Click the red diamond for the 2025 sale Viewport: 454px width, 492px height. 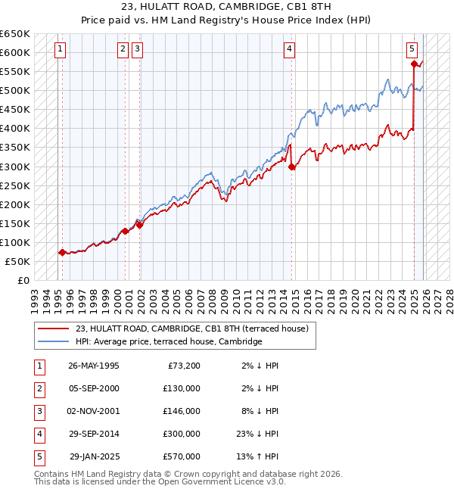[414, 64]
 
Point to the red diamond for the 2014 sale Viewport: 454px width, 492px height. [292, 167]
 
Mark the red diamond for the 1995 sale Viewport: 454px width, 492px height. [62, 253]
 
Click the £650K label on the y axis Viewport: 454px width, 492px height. [15, 34]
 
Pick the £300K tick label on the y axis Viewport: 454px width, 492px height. [15, 167]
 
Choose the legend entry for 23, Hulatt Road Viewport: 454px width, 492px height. [191, 329]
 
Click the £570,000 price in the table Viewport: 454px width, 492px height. [182, 456]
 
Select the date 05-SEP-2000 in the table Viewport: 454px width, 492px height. [94, 388]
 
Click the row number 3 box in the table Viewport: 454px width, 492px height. [38, 411]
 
